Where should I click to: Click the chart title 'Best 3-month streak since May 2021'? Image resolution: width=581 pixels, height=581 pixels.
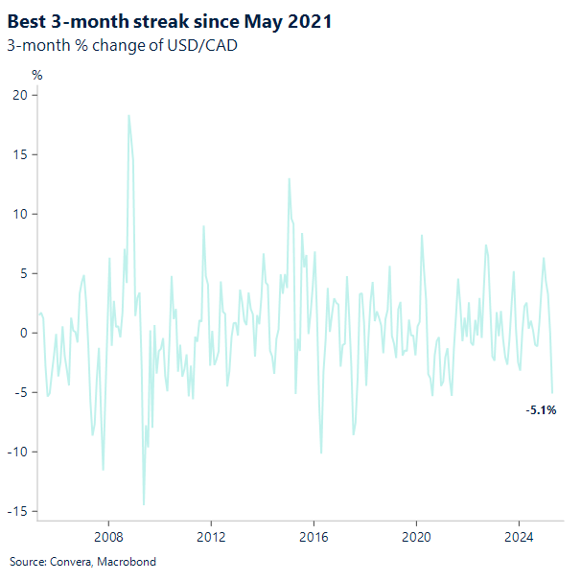tap(170, 19)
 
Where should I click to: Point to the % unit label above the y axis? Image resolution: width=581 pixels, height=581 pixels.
tap(37, 74)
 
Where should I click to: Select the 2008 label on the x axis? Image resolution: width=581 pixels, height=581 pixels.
tap(107, 537)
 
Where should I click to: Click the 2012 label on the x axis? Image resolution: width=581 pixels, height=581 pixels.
tap(210, 537)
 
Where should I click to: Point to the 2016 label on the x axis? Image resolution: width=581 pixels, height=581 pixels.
tap(314, 537)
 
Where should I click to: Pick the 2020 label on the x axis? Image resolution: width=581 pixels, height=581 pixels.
tap(416, 537)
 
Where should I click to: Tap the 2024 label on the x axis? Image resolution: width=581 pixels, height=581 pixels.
tap(519, 537)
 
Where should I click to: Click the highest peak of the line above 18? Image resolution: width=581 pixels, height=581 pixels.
tap(128, 116)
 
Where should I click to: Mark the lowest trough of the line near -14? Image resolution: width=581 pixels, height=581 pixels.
tap(144, 504)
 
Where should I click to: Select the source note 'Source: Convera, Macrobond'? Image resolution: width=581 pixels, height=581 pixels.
tap(82, 561)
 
